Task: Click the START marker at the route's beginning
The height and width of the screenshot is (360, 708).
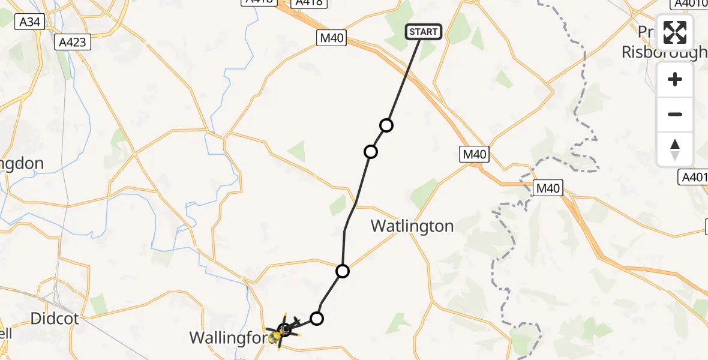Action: (424, 32)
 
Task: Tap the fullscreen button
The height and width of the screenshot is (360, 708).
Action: (675, 32)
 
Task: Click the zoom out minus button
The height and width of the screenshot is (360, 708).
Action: (675, 114)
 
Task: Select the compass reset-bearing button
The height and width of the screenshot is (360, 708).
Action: (675, 149)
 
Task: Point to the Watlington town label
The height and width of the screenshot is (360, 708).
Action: (412, 226)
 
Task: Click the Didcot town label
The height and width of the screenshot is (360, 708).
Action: (54, 318)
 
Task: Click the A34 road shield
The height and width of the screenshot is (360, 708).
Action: (29, 22)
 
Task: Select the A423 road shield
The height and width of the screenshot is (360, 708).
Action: (73, 42)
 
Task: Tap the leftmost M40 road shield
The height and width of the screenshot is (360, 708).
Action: (332, 38)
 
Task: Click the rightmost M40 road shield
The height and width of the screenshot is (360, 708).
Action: (548, 188)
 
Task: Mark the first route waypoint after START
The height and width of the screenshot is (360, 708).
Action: (386, 125)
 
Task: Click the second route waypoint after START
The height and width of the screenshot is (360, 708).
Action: (371, 152)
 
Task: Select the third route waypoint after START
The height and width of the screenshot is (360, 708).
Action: (343, 271)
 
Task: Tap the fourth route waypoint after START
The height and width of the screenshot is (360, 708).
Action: (317, 318)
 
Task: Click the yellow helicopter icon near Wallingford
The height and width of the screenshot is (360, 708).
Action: (276, 336)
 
